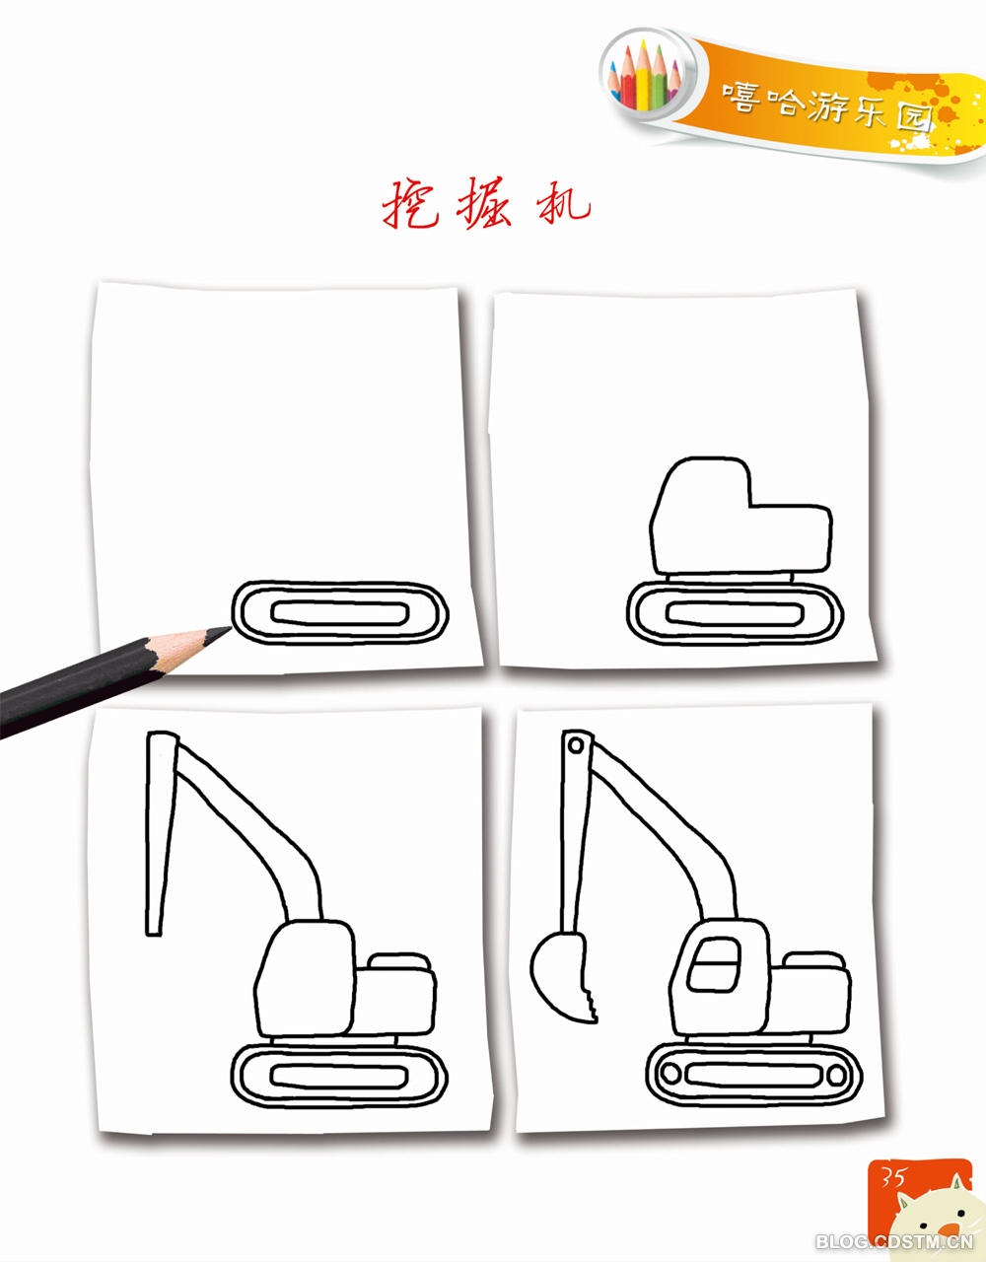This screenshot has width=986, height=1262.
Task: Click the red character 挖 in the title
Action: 409,204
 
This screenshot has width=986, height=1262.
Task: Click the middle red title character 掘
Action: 484,204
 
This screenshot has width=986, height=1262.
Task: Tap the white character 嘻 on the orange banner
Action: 741,96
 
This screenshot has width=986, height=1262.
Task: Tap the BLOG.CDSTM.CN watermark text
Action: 894,1241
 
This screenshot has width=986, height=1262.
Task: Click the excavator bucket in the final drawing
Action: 563,977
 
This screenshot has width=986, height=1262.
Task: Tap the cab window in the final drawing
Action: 714,964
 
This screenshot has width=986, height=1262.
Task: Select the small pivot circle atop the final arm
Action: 576,745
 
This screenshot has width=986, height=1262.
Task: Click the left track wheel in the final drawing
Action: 670,1072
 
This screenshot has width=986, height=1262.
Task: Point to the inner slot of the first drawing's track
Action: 340,613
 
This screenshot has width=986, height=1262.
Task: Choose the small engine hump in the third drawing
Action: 399,961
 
